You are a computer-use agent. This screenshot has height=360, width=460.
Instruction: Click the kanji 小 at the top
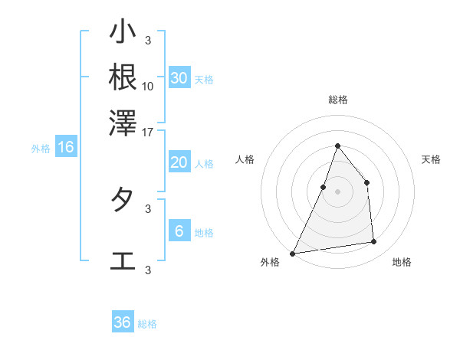123,33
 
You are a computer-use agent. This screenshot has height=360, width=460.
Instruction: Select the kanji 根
123,77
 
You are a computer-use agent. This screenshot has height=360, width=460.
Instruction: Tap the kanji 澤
123,122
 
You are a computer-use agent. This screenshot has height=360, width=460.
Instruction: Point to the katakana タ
123,200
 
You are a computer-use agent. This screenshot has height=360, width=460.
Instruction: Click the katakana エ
123,261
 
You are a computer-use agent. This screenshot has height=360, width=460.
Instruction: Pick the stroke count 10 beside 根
148,86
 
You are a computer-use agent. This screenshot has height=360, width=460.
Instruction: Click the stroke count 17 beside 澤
148,131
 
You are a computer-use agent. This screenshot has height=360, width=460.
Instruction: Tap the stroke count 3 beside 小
148,41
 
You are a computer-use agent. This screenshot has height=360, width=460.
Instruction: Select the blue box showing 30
179,78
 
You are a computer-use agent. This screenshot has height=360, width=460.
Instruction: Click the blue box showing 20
179,162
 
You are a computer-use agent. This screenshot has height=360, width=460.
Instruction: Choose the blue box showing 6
179,231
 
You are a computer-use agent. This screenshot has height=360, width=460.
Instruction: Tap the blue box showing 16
66,147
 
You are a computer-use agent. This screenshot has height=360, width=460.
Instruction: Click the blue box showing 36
123,322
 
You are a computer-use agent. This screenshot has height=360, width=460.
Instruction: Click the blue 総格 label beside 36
147,324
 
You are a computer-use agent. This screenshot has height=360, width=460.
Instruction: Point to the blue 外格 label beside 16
41,149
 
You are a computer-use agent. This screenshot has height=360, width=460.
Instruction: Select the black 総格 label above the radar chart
337,100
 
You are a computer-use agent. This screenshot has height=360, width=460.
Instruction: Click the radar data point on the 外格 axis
293,253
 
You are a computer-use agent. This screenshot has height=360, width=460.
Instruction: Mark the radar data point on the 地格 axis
374,242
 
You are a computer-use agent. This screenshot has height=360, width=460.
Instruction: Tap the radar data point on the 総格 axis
337,146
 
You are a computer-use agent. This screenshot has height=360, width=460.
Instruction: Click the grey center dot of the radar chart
337,191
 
